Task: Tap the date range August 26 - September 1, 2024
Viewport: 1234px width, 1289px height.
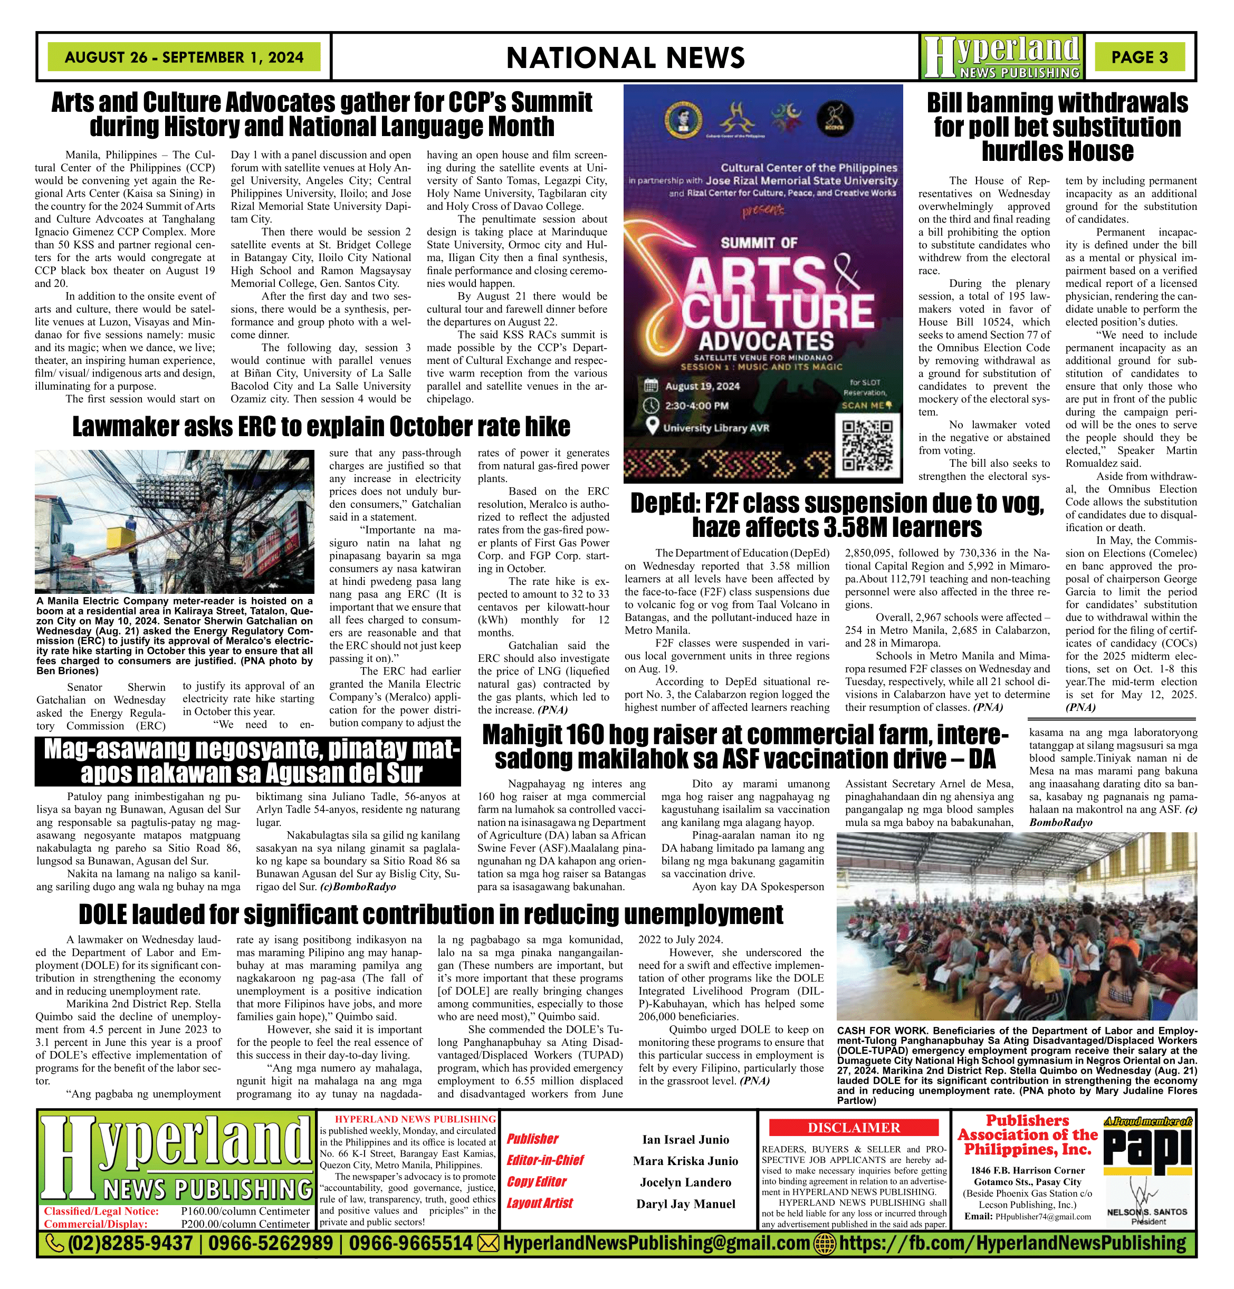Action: [x=184, y=57]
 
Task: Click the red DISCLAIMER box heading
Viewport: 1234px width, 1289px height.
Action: [x=853, y=1128]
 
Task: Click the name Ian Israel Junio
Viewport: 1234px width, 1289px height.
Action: [x=685, y=1140]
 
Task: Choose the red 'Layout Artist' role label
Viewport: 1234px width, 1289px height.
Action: [x=539, y=1203]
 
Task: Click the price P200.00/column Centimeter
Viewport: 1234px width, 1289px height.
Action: [x=245, y=1224]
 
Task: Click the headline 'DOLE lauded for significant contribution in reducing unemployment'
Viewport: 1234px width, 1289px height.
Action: [x=431, y=914]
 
